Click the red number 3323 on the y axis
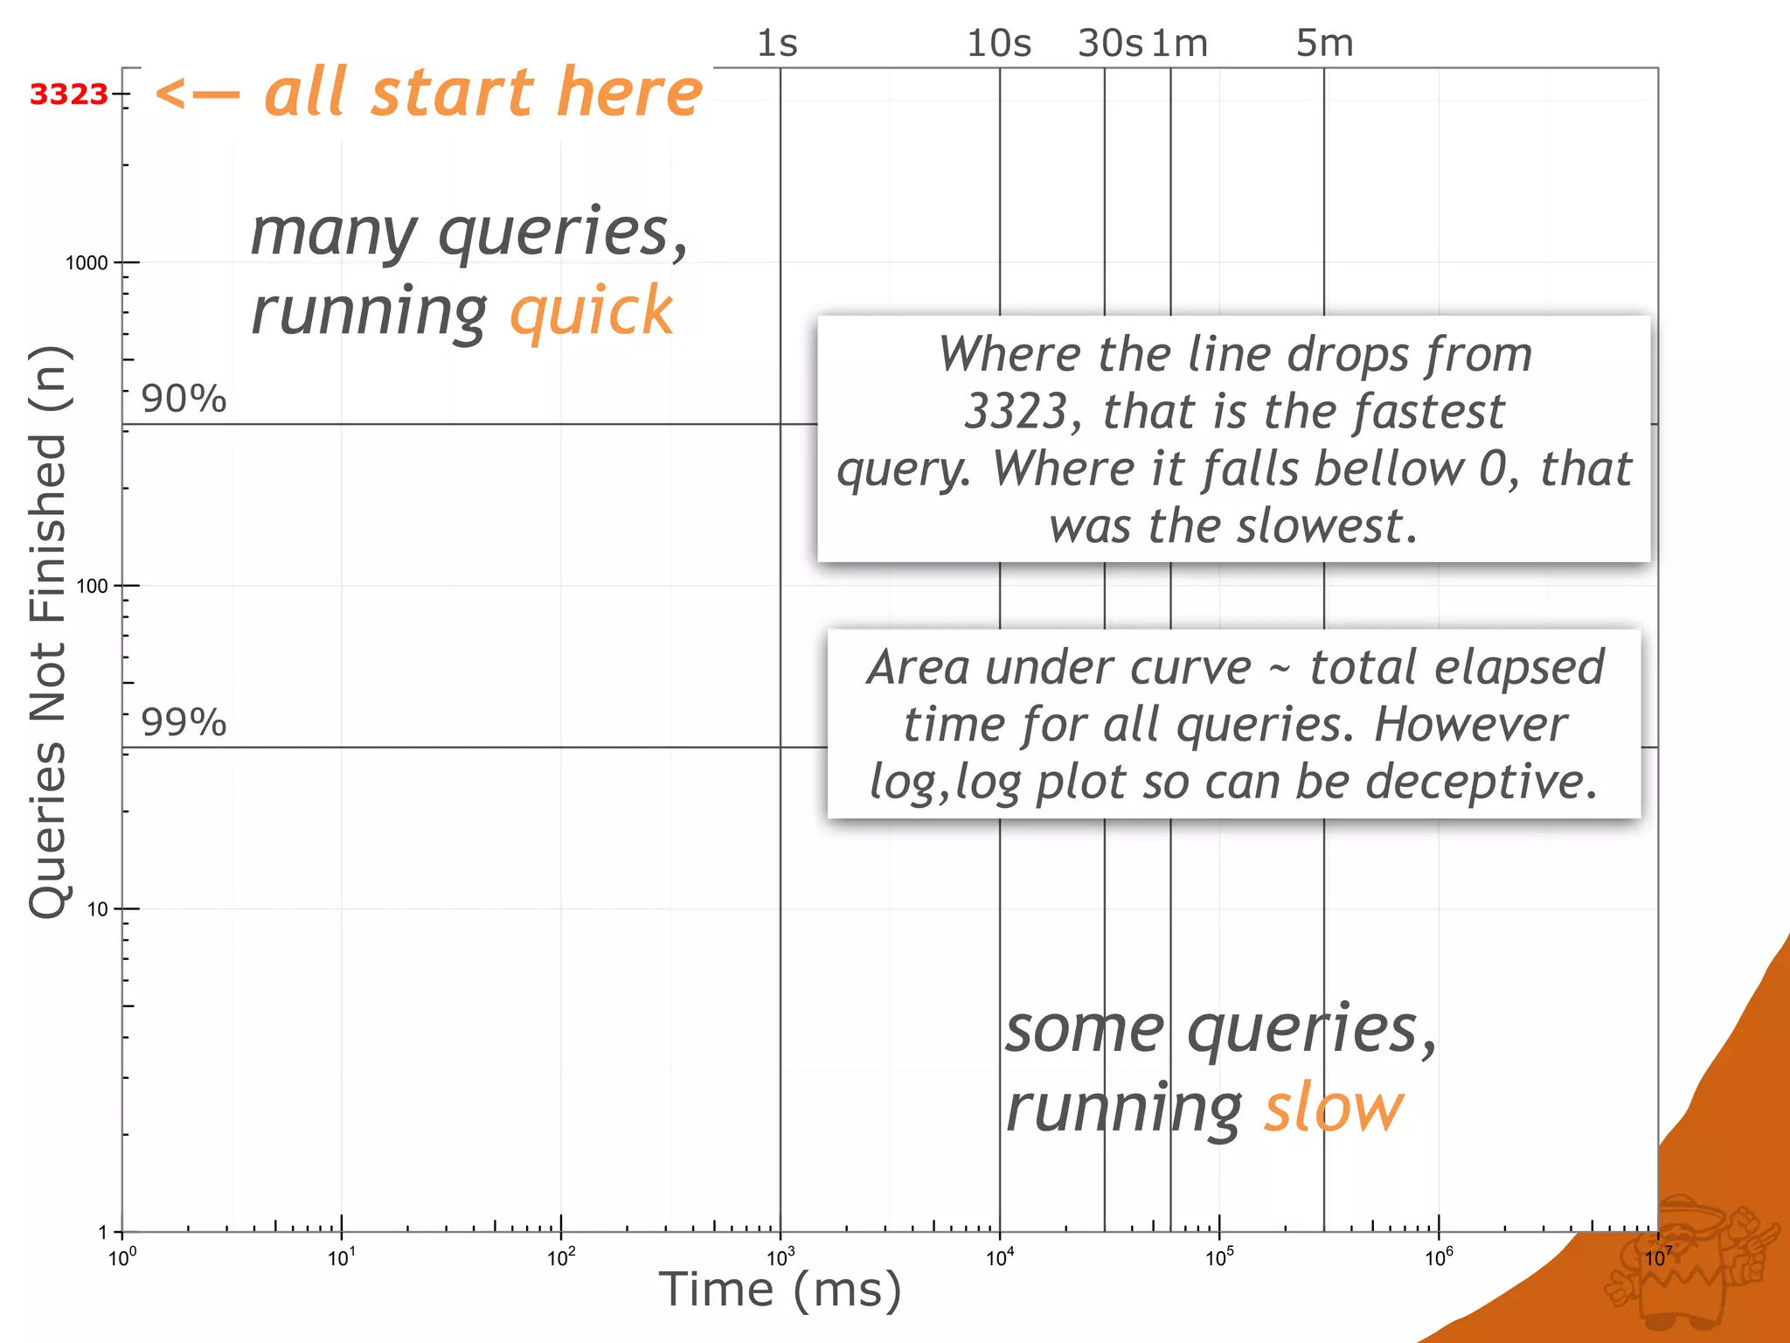(x=68, y=94)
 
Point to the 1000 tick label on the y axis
(x=87, y=262)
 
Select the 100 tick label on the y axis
(x=92, y=586)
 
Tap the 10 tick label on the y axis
(x=97, y=909)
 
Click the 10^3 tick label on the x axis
(x=780, y=1258)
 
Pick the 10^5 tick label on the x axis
(x=1219, y=1258)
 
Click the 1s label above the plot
(x=777, y=43)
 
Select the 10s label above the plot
(x=999, y=43)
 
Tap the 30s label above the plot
(x=1109, y=43)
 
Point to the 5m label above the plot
(x=1324, y=43)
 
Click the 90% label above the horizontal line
(x=184, y=399)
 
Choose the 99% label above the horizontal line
(x=184, y=722)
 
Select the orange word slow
(x=1333, y=1109)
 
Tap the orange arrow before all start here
(x=197, y=94)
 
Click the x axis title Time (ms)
(x=780, y=1291)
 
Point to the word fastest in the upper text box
(x=1428, y=411)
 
